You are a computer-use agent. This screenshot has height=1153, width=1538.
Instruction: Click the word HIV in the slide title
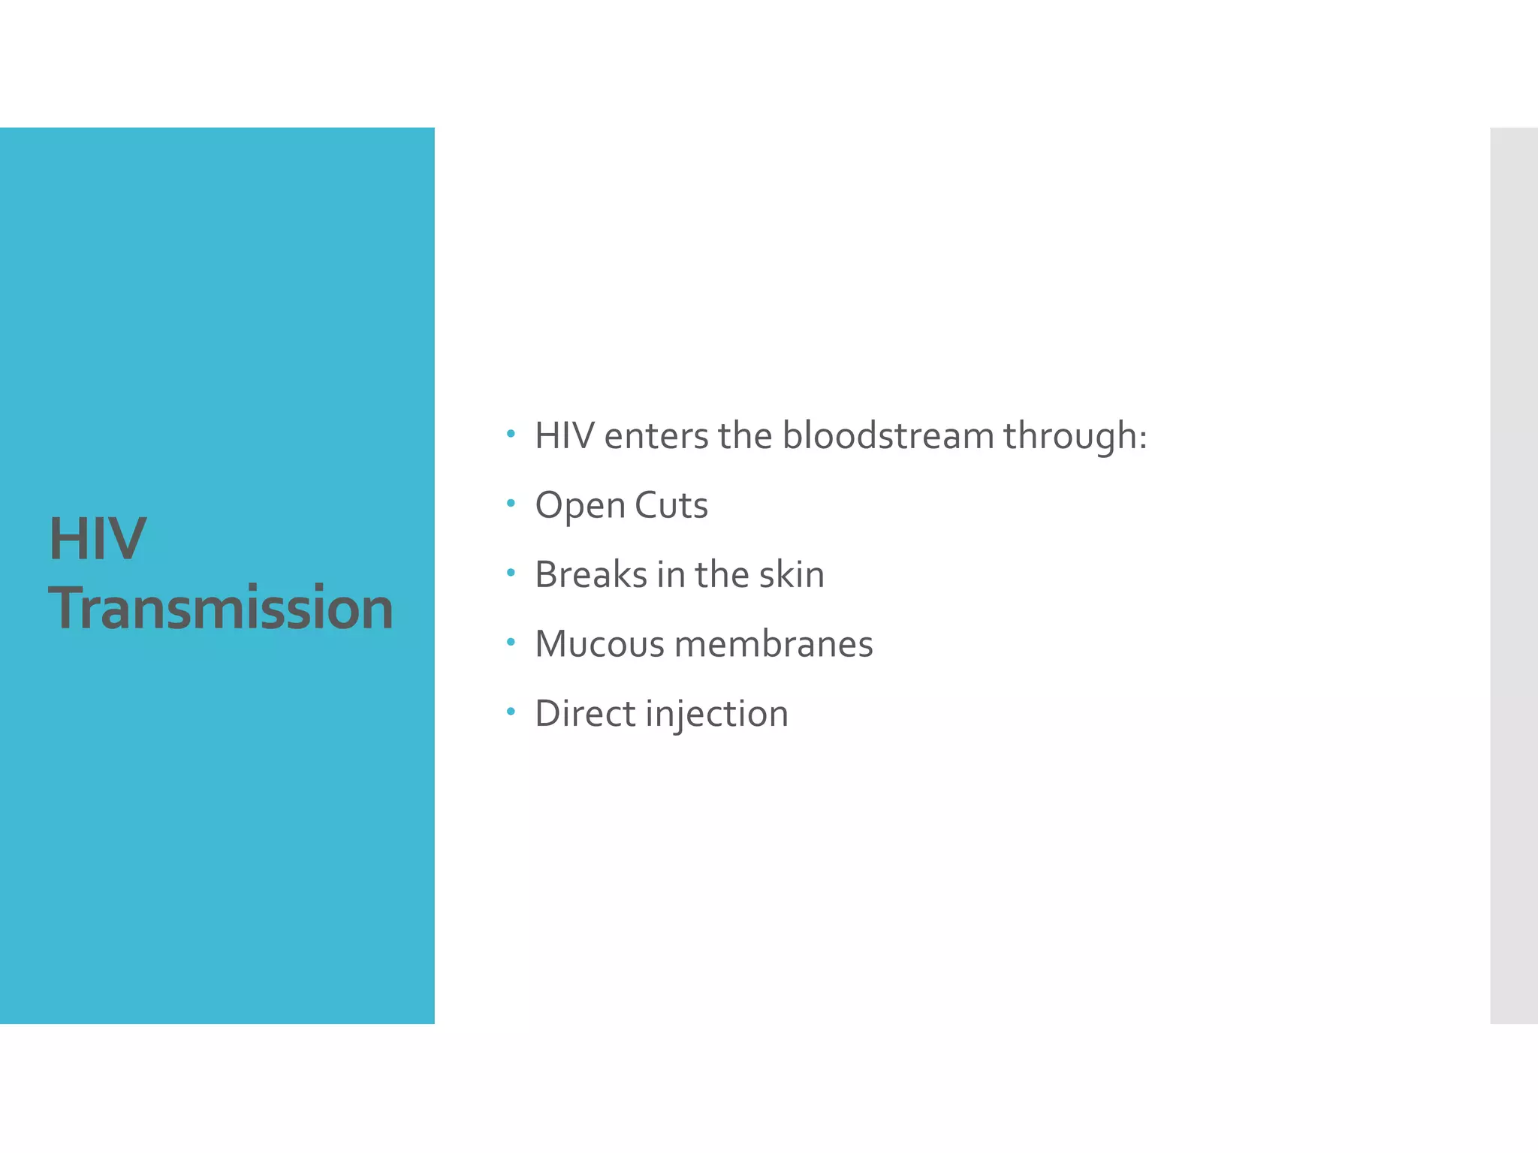98,538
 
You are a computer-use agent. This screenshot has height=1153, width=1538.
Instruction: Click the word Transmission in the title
221,607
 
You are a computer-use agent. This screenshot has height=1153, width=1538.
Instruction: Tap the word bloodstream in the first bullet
888,435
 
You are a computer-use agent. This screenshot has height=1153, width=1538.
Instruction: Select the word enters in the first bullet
656,437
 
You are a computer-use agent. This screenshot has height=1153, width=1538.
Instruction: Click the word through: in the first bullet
1075,437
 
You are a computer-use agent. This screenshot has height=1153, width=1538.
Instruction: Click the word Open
580,506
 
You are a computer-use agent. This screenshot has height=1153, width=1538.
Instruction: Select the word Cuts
671,505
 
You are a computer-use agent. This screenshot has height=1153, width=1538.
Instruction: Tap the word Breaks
591,575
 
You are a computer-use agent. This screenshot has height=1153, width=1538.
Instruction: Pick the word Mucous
599,644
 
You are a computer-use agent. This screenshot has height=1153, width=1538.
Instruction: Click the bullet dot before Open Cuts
511,503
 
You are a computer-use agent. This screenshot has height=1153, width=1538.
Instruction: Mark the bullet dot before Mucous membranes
511,642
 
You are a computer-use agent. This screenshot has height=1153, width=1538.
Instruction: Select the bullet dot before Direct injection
511,711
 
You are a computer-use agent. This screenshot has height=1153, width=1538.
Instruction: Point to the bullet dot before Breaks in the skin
511,573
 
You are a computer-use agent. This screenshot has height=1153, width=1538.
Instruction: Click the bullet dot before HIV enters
511,434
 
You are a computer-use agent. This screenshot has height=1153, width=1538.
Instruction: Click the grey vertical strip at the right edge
1514,575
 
